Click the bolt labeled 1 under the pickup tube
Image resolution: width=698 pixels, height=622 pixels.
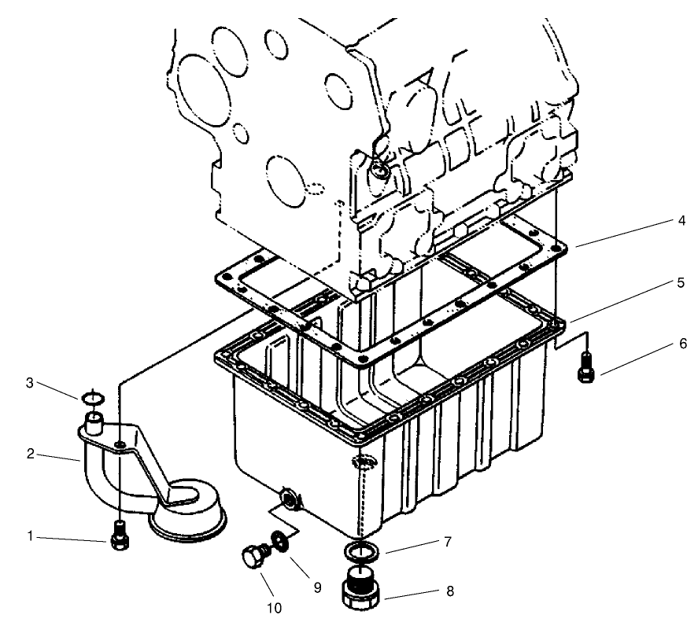coord(120,536)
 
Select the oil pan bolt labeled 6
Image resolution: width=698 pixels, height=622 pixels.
coord(585,366)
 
